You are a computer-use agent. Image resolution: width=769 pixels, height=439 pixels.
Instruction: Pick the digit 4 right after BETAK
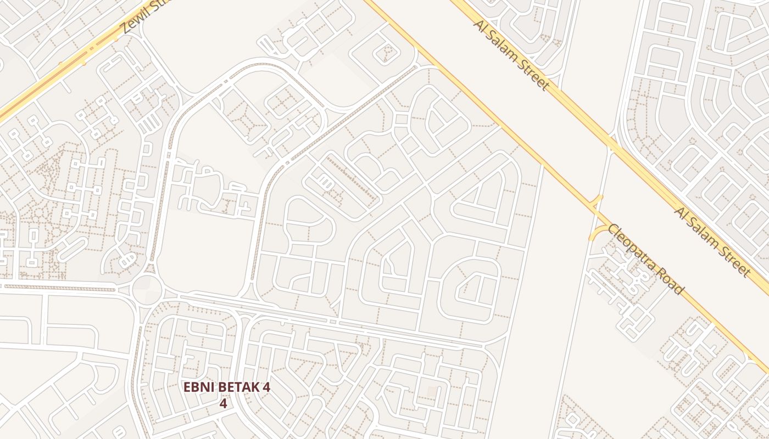pyautogui.click(x=266, y=387)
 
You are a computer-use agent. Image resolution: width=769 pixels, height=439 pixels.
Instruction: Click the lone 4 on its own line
pyautogui.click(x=223, y=403)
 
